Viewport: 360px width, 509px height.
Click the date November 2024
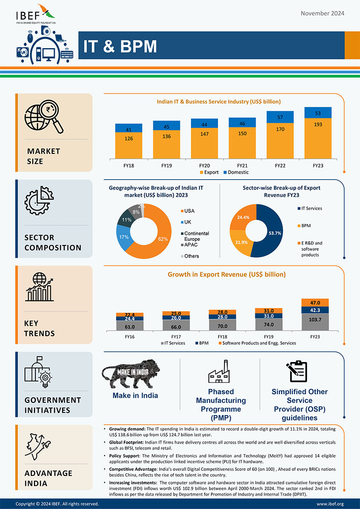322,13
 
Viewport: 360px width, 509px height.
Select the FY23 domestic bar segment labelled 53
318,113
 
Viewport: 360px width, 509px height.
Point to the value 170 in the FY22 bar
280,129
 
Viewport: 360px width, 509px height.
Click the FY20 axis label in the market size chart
204,166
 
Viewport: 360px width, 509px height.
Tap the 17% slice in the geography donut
122,238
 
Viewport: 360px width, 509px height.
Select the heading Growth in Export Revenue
227,274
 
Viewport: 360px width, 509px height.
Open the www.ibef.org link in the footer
330,504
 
